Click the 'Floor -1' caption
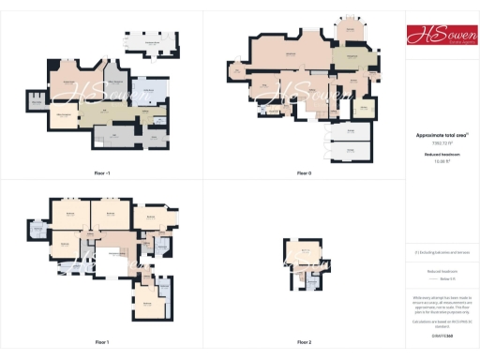coord(102,173)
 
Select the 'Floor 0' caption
coord(304,173)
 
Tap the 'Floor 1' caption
coord(102,342)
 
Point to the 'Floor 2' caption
coord(304,342)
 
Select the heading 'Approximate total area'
coord(442,135)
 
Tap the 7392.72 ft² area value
coord(442,143)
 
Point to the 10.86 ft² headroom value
coord(442,161)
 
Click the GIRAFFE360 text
coord(442,335)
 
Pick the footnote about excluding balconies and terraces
coord(442,252)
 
